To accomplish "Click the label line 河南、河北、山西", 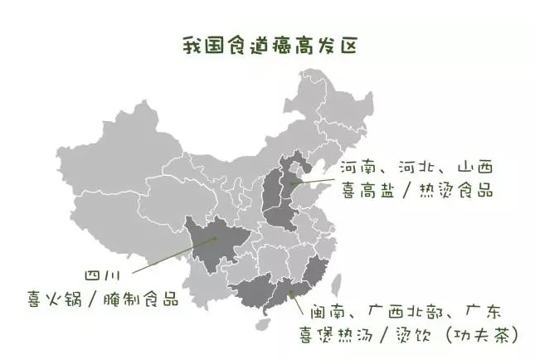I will (416, 167).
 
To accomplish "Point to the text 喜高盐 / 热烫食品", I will (416, 190).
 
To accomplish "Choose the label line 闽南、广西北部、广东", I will (406, 313).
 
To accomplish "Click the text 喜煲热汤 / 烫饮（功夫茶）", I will (410, 335).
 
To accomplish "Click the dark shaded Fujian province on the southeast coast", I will (313, 274).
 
